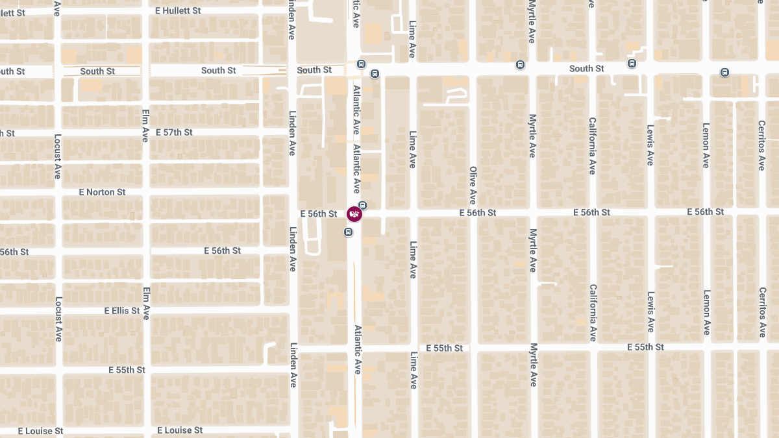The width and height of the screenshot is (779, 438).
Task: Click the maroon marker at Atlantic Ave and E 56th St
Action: (354, 214)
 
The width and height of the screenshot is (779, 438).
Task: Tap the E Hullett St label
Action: (179, 11)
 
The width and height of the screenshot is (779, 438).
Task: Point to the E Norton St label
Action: (102, 192)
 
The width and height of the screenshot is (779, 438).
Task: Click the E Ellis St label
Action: (122, 311)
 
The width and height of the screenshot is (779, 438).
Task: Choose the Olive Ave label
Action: (473, 185)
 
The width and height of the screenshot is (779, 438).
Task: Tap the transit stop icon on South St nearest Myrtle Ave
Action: (520, 64)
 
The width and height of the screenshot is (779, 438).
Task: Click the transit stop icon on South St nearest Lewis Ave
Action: (632, 63)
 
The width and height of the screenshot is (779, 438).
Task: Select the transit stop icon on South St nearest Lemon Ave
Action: (724, 72)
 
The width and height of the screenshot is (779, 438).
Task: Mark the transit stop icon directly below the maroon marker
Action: (349, 232)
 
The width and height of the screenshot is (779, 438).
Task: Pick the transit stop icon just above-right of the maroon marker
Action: (363, 206)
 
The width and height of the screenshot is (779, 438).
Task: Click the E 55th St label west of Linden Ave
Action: (127, 370)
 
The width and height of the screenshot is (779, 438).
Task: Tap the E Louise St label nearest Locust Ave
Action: (40, 431)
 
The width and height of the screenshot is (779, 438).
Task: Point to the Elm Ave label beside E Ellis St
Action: (145, 303)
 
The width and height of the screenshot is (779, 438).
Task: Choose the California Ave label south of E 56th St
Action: (592, 313)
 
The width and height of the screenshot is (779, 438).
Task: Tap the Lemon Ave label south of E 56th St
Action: (706, 312)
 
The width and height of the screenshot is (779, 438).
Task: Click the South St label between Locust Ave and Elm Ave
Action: (97, 71)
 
